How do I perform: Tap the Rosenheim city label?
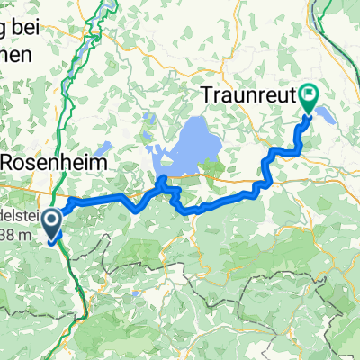pos(55,164)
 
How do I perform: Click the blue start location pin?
pos(53,225)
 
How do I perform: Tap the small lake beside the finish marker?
pos(323,116)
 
